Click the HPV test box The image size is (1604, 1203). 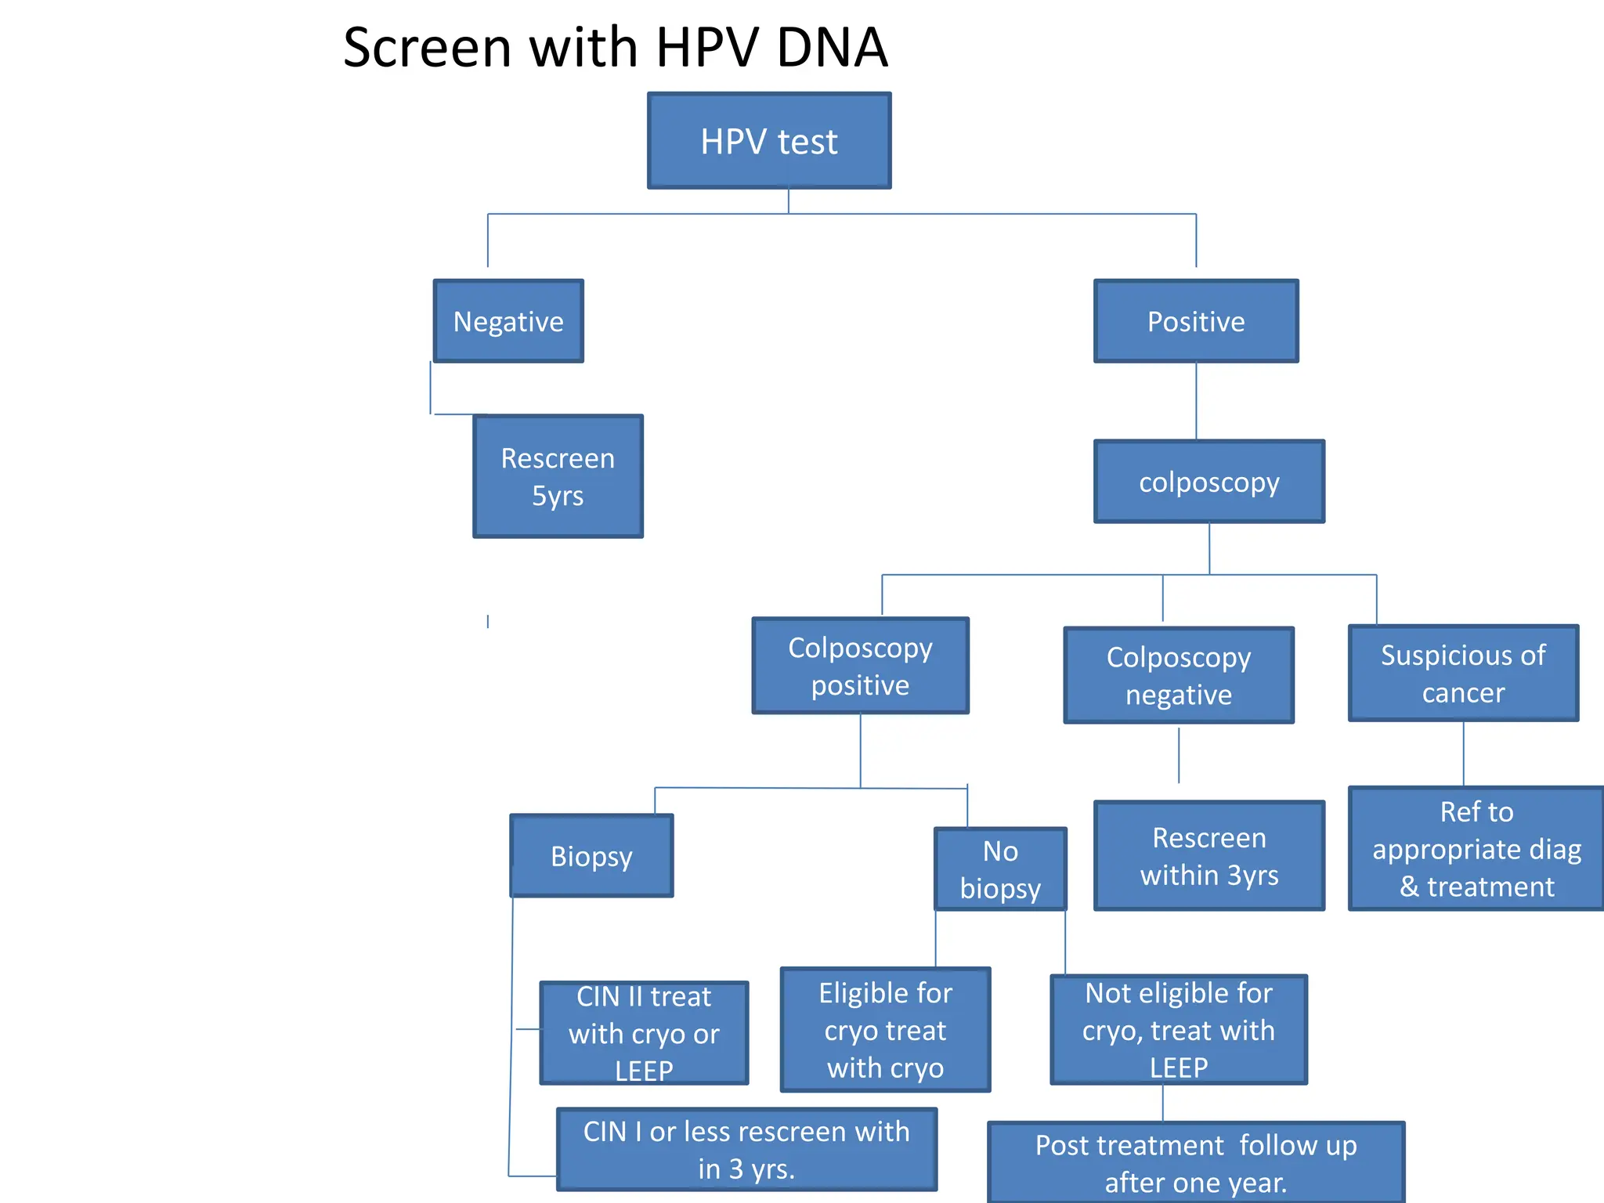[x=769, y=141]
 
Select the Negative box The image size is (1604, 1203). [x=508, y=321]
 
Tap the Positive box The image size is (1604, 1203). [x=1196, y=321]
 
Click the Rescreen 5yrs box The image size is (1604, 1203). [x=558, y=476]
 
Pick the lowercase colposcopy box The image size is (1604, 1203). [x=1209, y=482]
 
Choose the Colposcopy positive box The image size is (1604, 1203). [x=860, y=666]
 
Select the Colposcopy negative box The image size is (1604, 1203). [x=1179, y=675]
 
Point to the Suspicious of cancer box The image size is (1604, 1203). [x=1463, y=673]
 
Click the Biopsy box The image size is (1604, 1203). [x=591, y=855]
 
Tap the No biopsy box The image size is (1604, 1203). [x=1000, y=869]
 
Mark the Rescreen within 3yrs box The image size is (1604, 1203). [x=1209, y=855]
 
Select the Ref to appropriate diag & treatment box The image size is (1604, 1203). [x=1476, y=848]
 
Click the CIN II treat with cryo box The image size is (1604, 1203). [x=644, y=1032]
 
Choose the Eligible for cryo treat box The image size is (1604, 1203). [x=885, y=1029]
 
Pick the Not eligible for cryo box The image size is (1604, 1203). [x=1179, y=1029]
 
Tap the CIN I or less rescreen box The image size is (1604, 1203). [x=746, y=1149]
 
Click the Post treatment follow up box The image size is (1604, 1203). [x=1196, y=1162]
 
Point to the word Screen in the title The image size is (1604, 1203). [x=427, y=48]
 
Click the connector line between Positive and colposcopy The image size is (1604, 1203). [x=1196, y=400]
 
